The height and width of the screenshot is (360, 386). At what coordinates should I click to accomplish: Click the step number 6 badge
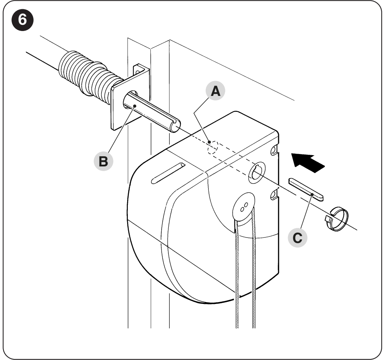[23, 19]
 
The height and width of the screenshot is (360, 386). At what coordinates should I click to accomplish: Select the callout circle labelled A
[216, 91]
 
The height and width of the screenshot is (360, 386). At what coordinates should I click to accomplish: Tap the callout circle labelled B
[104, 161]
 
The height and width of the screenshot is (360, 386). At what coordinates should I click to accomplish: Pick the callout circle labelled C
[297, 238]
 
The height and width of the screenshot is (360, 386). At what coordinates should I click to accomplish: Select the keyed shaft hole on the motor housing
[257, 173]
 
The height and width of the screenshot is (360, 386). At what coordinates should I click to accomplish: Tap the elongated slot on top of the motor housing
[168, 173]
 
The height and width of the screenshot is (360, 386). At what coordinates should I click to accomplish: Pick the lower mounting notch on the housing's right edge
[274, 195]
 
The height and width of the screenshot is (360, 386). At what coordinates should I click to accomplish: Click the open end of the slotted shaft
[175, 126]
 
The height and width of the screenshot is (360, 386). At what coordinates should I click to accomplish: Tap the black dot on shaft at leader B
[135, 106]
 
